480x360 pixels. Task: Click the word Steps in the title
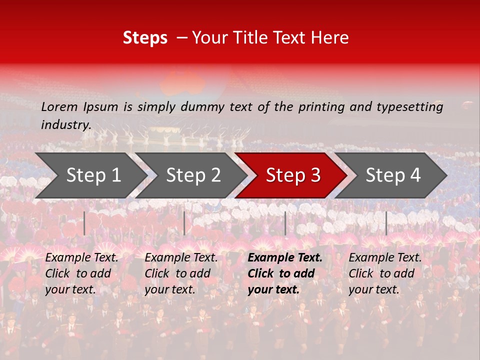145,37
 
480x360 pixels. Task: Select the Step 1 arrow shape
90,175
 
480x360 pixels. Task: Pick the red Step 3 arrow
292,175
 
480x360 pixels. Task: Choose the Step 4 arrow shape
392,175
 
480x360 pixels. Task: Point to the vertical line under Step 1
84,223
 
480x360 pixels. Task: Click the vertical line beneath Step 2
184,223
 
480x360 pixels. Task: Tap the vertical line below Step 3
285,223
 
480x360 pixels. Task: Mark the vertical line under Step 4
386,223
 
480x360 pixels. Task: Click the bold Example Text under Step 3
285,258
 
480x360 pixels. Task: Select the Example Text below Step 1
81,258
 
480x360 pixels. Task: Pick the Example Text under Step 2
181,258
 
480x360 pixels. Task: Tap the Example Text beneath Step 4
385,258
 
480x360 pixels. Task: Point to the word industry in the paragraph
66,124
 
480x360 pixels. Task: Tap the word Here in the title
330,37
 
